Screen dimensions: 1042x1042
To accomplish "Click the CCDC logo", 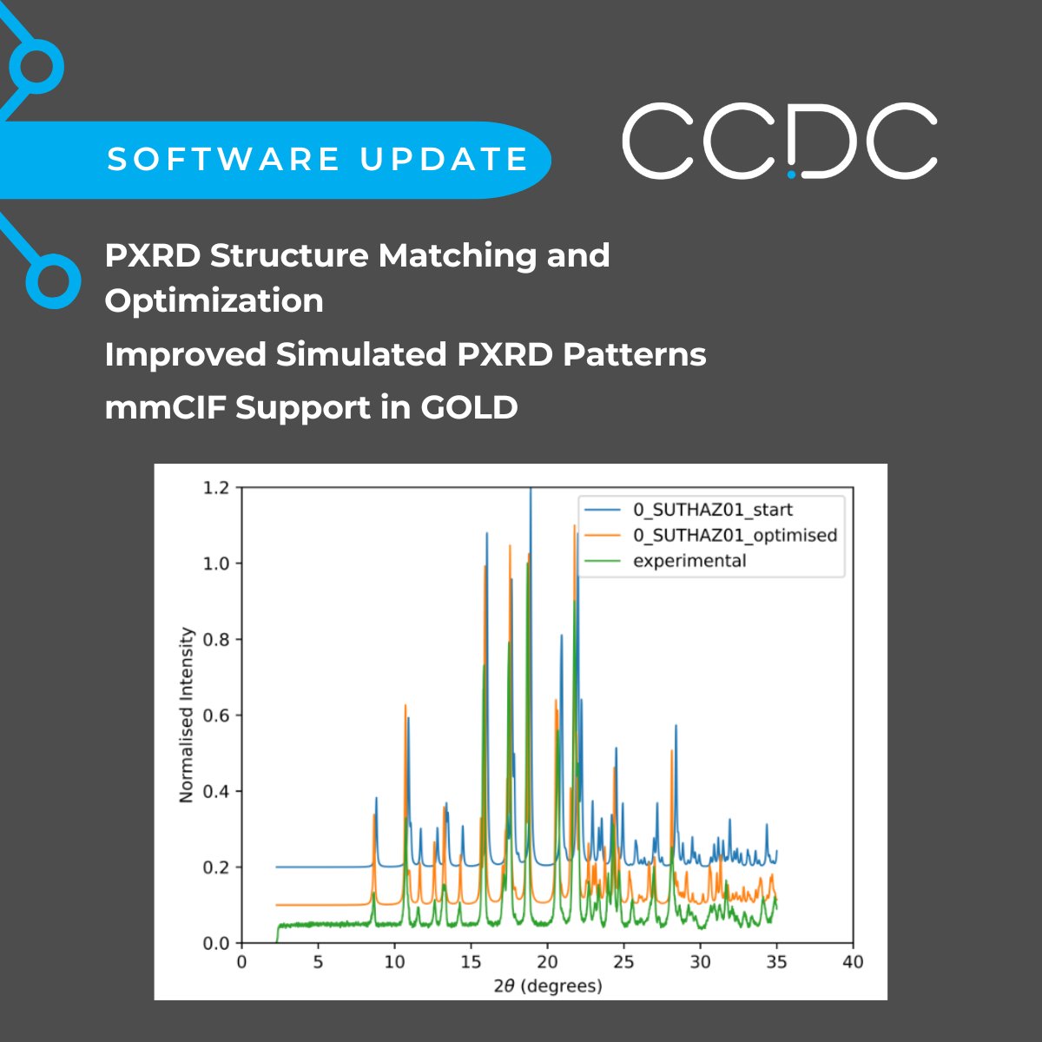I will coord(779,142).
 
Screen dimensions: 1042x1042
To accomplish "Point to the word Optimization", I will coord(214,300).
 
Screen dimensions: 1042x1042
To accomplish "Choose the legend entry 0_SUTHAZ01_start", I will coord(712,510).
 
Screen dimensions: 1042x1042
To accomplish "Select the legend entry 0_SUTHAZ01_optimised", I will coord(734,535).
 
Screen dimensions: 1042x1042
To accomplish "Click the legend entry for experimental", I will coord(689,561).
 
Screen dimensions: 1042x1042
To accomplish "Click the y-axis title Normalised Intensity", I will coord(186,715).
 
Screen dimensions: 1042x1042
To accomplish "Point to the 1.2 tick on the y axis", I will coord(216,488).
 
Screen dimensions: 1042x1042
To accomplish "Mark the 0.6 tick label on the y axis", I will coord(216,716).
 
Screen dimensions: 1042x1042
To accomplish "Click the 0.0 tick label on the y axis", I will coord(216,943).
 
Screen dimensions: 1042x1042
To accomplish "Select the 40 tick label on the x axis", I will coord(853,961).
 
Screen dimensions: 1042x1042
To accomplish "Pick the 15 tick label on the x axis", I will coord(471,961).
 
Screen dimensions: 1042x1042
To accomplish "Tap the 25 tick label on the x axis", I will coord(623,961).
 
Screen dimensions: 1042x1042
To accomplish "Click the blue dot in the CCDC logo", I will coord(791,174).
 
